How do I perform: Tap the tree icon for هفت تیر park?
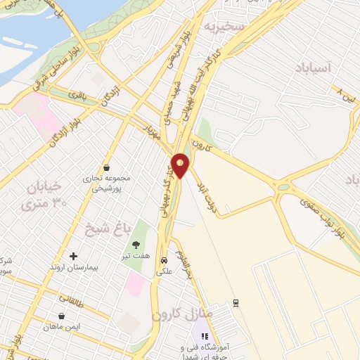136,245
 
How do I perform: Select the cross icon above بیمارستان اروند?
73,256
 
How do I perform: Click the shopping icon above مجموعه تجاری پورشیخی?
106,167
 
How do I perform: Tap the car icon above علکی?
164,258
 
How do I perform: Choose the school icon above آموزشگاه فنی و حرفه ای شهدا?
205,336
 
